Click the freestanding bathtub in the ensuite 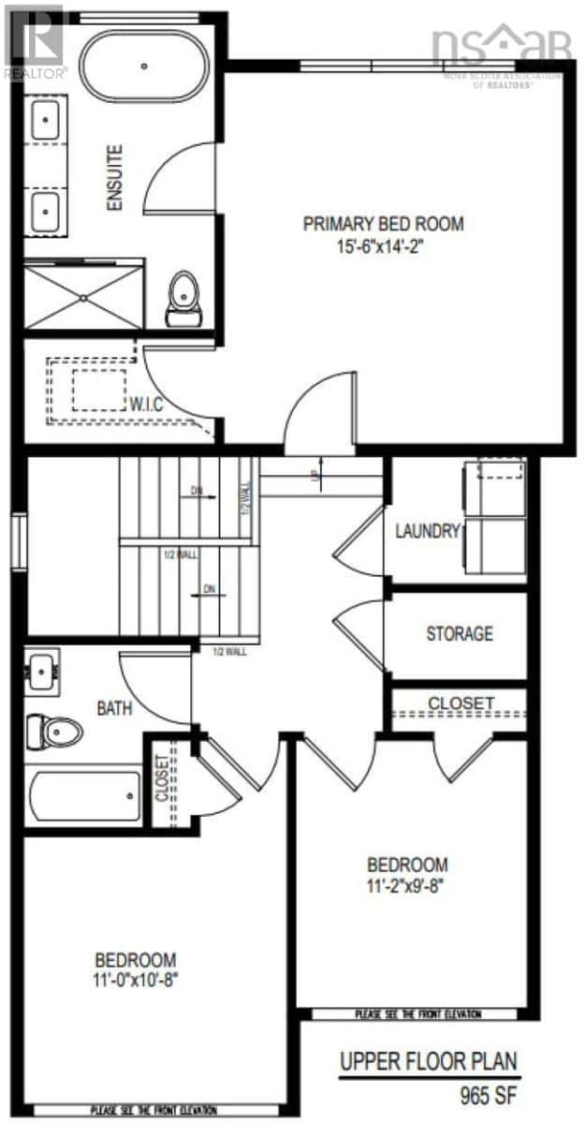(145, 66)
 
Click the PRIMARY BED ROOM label (383, 224)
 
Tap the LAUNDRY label (429, 531)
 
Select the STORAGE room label (459, 634)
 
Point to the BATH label (114, 709)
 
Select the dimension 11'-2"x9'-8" (406, 885)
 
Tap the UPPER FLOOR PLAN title (429, 1062)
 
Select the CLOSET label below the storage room (461, 702)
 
